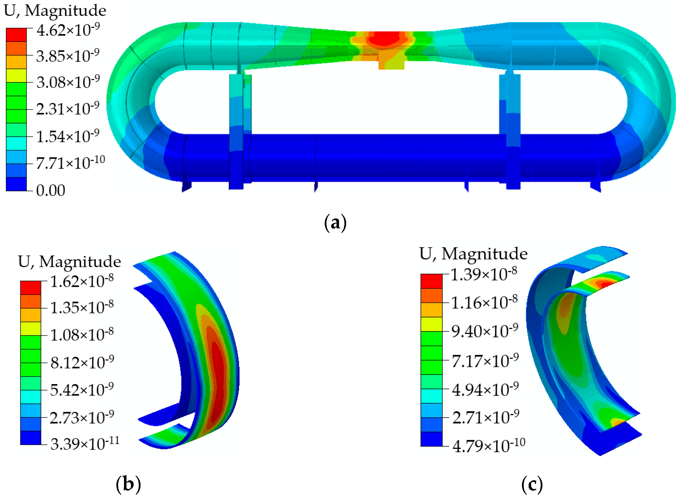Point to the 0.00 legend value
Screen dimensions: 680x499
coord(51,190)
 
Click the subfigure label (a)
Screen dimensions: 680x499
coord(335,223)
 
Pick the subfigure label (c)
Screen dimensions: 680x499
coord(532,484)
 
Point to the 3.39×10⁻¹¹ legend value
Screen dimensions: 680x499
coord(85,444)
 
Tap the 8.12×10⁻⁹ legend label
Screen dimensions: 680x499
coord(82,362)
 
